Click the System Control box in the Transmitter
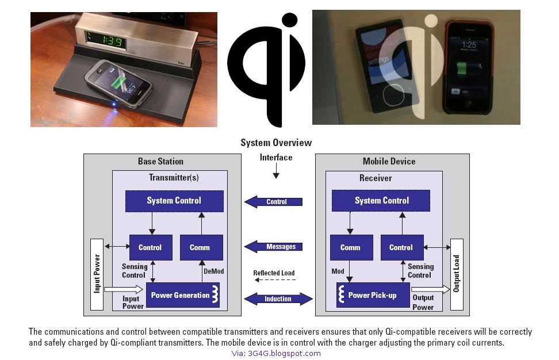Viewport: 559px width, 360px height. coord(174,201)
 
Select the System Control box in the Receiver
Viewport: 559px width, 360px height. coord(381,201)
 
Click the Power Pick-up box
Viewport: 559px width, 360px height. coord(373,295)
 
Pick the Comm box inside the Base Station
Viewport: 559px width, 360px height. coord(199,248)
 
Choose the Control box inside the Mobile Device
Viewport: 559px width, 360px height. coord(401,248)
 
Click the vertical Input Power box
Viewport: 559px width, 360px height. coord(97,274)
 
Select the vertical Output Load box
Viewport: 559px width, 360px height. coord(457,274)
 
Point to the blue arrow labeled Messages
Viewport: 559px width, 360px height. coord(274,247)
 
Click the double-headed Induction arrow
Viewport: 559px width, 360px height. coord(278,299)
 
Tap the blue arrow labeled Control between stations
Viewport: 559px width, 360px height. coord(274,202)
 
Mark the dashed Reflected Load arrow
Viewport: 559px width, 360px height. coord(275,280)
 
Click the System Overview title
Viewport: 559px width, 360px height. coord(276,143)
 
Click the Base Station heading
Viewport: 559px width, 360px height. coord(160,162)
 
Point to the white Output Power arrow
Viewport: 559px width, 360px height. coord(429,290)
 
